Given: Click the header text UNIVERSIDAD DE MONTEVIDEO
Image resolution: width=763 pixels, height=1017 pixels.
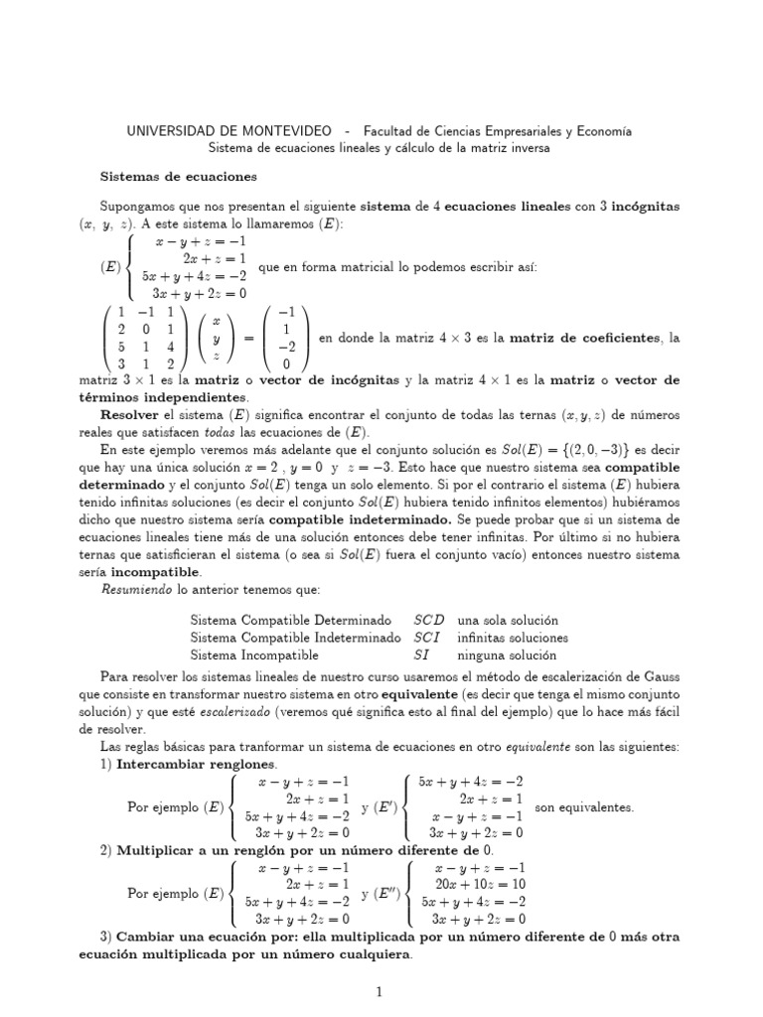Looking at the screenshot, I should (x=228, y=131).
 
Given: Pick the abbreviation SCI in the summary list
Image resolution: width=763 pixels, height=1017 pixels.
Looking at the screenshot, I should (x=429, y=638).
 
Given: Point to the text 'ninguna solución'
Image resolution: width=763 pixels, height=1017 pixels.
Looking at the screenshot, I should (x=506, y=655).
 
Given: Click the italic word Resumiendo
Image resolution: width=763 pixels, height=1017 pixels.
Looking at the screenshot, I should (x=137, y=591).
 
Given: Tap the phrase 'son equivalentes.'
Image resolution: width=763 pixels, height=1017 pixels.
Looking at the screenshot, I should (x=584, y=806).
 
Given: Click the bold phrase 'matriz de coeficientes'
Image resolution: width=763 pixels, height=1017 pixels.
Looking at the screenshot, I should (x=585, y=339).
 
